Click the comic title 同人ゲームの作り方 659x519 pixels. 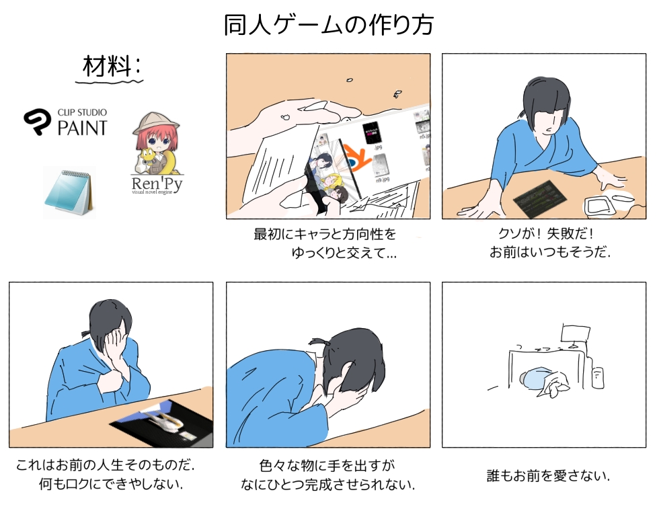pyautogui.click(x=329, y=26)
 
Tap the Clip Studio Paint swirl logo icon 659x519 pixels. pyautogui.click(x=38, y=121)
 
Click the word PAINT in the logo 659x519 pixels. pyautogui.click(x=82, y=128)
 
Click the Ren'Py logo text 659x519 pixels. pyautogui.click(x=157, y=184)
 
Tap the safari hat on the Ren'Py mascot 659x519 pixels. pyautogui.click(x=156, y=123)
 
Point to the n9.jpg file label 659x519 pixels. pyautogui.click(x=383, y=179)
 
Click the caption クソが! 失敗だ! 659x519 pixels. pyautogui.click(x=545, y=233)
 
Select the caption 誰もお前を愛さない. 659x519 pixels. pyautogui.click(x=547, y=476)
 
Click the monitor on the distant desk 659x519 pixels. pyautogui.click(x=576, y=333)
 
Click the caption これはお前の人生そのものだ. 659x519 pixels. pyautogui.click(x=106, y=465)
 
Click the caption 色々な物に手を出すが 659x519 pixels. pyautogui.click(x=327, y=465)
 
